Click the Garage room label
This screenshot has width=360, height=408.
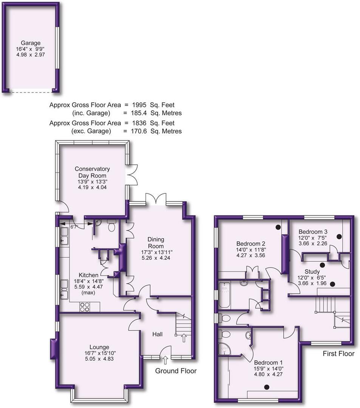click(31, 43)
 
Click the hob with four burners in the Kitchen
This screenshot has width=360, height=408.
click(84, 307)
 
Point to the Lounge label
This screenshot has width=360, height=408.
click(99, 347)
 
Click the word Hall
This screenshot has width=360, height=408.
click(158, 334)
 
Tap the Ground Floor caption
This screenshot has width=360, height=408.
click(176, 371)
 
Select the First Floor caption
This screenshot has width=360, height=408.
click(338, 354)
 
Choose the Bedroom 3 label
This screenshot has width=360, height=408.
click(313, 232)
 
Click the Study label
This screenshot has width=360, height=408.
click(312, 271)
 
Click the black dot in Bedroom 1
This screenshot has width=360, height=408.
click(267, 386)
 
